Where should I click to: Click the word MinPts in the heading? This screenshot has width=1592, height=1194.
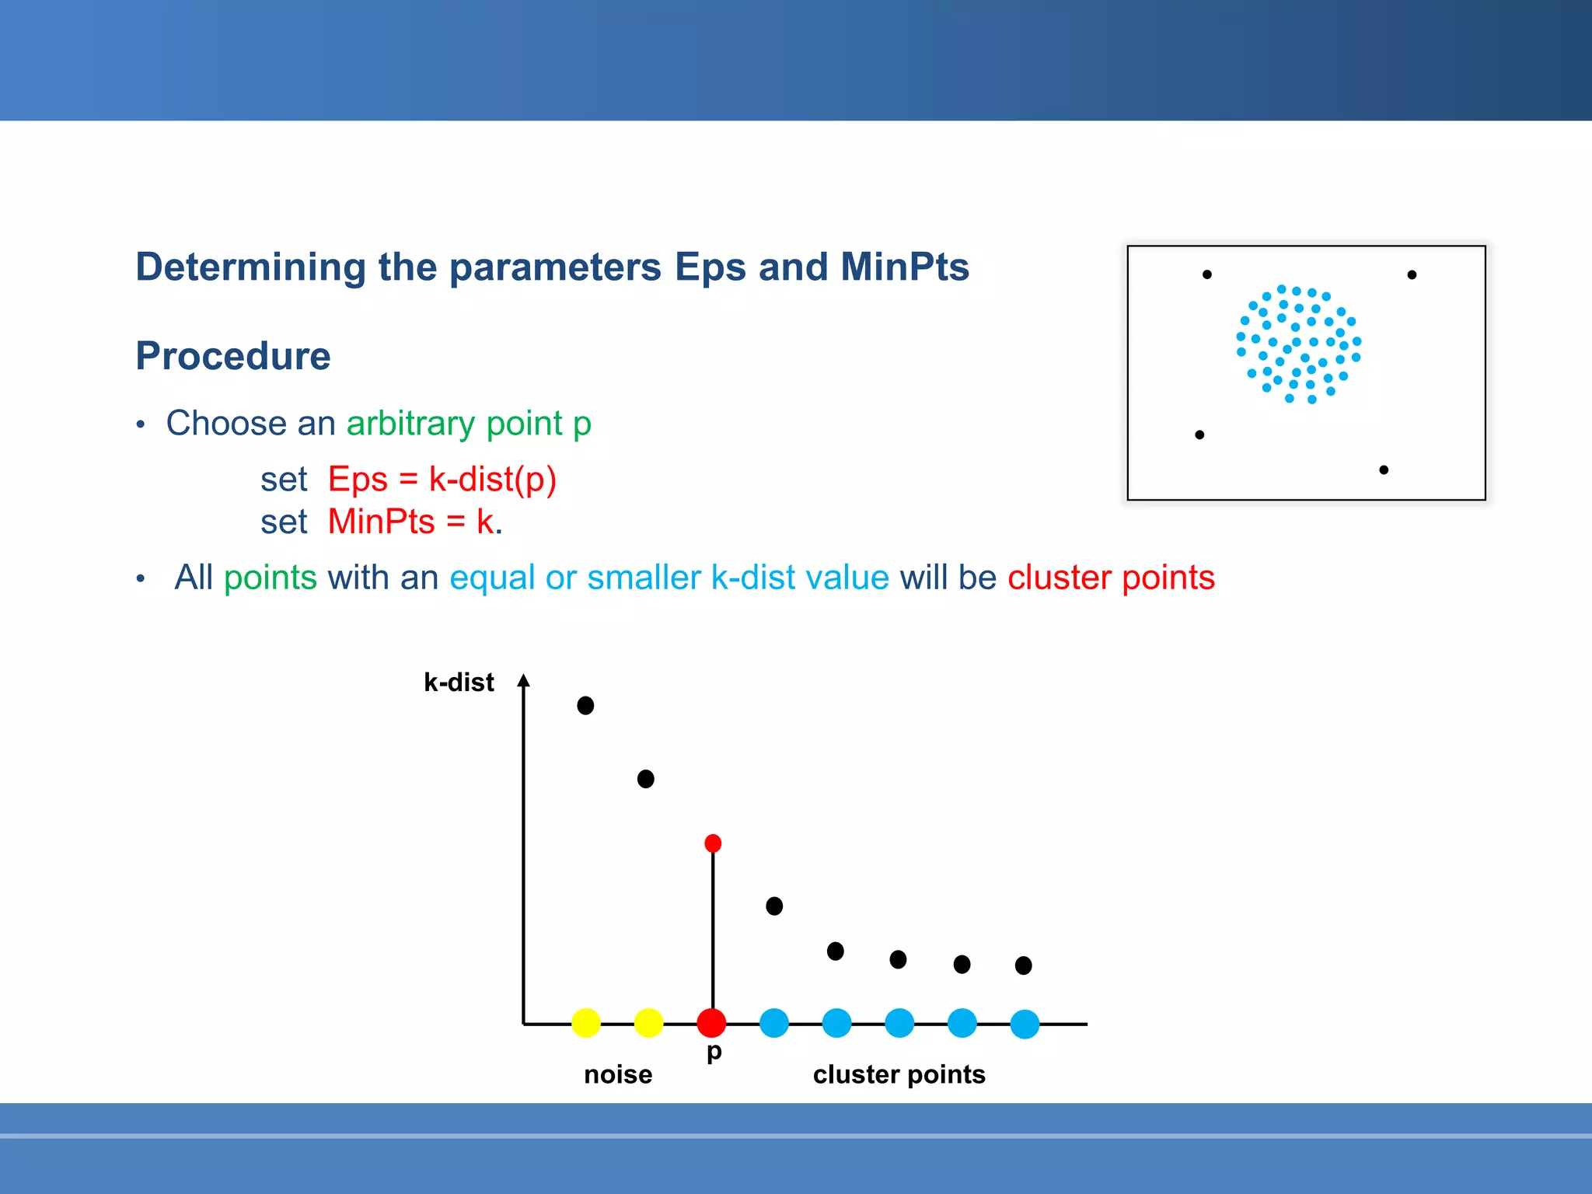904,267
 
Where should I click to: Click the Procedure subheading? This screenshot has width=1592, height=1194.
233,356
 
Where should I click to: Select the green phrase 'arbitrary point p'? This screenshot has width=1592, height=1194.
469,424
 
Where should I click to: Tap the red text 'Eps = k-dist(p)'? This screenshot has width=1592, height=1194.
442,480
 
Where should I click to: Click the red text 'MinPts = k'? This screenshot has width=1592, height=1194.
411,522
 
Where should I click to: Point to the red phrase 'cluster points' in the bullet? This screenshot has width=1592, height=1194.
1111,578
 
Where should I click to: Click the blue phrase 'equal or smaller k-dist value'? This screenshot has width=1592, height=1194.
669,578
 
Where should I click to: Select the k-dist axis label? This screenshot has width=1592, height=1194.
459,683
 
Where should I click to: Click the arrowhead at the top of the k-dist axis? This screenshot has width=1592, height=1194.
524,681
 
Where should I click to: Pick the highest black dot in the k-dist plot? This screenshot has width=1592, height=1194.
585,705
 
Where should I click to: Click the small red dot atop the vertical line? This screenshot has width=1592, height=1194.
713,843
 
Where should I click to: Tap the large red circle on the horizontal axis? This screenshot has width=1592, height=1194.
711,1023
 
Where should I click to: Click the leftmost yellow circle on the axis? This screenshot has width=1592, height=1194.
586,1023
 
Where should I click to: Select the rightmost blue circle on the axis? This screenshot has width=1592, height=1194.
1025,1024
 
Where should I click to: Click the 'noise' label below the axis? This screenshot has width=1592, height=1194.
618,1074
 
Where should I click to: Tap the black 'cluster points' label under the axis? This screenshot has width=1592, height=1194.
899,1074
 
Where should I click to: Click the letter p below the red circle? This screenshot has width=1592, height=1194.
714,1053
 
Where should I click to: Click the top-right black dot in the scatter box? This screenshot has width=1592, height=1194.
1412,274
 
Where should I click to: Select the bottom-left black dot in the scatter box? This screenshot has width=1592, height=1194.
1199,435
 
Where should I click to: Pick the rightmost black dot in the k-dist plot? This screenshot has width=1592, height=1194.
1024,965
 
